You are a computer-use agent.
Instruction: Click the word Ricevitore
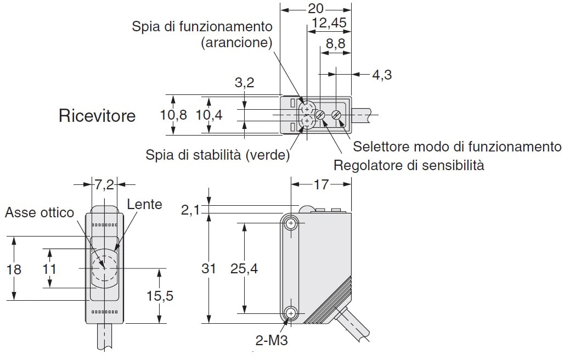(x=97, y=116)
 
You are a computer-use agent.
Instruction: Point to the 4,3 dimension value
(x=382, y=75)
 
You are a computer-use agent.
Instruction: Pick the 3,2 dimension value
(x=244, y=83)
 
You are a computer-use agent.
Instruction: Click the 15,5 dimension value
(x=160, y=296)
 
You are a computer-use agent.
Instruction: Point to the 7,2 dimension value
(x=104, y=184)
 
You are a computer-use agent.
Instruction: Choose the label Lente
(x=144, y=204)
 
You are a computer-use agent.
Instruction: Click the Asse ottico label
(x=40, y=212)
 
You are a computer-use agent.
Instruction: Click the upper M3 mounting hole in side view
(x=290, y=223)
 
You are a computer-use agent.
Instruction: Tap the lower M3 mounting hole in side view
(x=290, y=313)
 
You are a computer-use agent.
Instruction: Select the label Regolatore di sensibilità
(x=409, y=165)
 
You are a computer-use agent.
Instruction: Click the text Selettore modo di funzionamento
(x=458, y=147)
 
